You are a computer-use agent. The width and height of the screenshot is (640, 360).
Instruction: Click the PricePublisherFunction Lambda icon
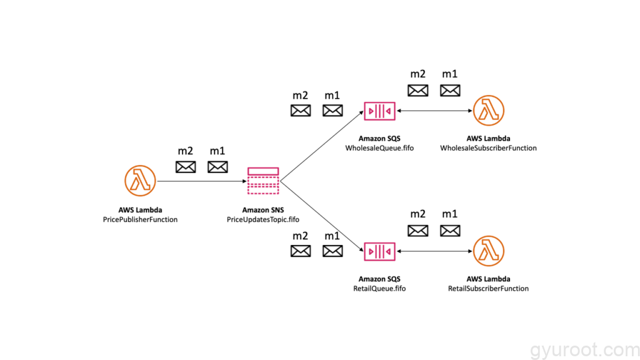(x=140, y=181)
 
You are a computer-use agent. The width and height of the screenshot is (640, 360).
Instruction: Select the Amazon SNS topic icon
(x=263, y=181)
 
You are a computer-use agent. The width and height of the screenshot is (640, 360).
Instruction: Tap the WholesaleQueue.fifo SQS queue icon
(x=379, y=111)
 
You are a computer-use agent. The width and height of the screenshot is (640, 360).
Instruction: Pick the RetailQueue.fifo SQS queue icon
(x=379, y=251)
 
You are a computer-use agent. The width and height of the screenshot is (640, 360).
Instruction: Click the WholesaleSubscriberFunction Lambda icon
(x=489, y=111)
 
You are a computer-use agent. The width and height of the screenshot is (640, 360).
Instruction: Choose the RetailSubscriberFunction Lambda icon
(x=489, y=251)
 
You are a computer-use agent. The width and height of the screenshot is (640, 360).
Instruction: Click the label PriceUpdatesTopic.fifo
(x=263, y=219)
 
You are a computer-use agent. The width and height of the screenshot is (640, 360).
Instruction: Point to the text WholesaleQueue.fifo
(x=379, y=148)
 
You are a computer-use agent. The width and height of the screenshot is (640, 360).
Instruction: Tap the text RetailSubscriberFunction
(x=488, y=289)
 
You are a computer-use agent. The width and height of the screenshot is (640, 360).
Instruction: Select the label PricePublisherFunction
(x=140, y=219)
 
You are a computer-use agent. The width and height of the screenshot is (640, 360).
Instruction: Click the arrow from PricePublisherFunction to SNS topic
(x=202, y=181)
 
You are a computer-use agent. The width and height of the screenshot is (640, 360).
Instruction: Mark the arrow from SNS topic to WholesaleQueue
(x=322, y=146)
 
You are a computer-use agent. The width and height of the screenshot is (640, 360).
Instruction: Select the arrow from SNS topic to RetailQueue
(x=322, y=216)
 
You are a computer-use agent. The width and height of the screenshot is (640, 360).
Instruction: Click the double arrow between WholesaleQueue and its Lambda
(x=434, y=111)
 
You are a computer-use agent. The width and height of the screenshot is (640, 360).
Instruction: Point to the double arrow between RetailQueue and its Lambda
(x=434, y=251)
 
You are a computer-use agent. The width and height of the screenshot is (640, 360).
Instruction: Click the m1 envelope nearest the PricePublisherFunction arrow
(x=217, y=167)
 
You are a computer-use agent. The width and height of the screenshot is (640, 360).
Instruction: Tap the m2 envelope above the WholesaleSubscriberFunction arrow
(x=418, y=90)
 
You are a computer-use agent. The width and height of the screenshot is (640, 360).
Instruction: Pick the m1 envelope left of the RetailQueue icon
(x=332, y=251)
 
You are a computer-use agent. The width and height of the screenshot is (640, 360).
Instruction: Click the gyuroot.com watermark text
(x=584, y=350)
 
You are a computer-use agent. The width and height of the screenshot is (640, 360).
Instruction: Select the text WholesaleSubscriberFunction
(x=488, y=148)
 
